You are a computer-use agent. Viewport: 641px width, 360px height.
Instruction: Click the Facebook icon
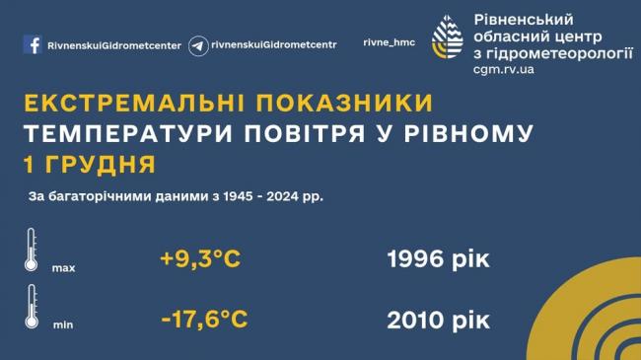coord(33,44)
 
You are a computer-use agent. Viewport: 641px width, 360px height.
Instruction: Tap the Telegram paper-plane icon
coord(198,45)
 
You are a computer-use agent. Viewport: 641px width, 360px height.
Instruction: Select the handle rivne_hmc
coord(389,42)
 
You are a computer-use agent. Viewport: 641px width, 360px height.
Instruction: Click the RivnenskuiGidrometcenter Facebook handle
coord(114,45)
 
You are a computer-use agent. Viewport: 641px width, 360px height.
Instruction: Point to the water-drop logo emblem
coord(448,36)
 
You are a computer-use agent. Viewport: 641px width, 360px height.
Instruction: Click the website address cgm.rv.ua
coord(504,69)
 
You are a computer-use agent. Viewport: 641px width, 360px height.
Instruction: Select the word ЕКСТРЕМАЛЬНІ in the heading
coord(134,103)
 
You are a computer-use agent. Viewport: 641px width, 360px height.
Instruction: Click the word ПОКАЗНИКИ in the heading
coord(344,103)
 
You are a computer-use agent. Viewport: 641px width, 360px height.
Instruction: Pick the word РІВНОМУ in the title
coord(468,133)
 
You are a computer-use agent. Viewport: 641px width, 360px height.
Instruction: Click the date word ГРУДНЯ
coord(100,165)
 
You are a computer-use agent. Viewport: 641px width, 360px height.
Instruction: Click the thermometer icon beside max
coord(32,251)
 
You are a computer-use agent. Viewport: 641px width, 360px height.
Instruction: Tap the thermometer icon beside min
coord(32,307)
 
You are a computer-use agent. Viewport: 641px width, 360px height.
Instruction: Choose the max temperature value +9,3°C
coord(200,259)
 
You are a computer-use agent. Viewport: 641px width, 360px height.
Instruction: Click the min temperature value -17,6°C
coord(204,320)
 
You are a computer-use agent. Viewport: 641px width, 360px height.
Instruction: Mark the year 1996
coord(415,259)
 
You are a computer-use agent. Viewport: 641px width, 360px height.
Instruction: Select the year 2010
coord(415,320)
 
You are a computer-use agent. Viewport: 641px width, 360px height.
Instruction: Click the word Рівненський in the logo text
coord(524,19)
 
